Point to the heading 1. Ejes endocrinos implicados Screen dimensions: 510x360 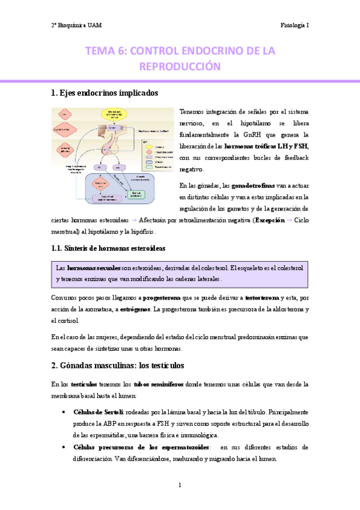pos(105,93)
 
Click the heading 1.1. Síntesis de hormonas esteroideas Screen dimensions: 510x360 pos(109,248)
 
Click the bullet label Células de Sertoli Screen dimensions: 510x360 pos(97,413)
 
